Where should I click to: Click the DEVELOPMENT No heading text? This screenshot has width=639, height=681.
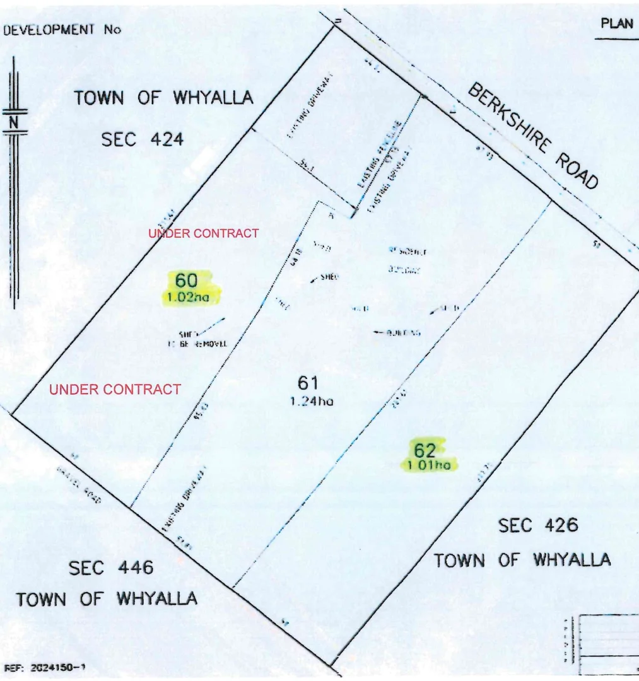(62, 30)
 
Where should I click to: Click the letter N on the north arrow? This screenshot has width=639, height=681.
(13, 123)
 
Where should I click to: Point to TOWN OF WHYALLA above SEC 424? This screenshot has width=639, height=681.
(164, 98)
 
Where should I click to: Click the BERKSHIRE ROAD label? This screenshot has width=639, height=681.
(533, 136)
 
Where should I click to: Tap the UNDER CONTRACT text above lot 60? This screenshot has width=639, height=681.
(203, 233)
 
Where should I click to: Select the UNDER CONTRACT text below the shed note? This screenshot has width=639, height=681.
(115, 390)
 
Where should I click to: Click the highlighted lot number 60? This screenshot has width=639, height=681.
(187, 280)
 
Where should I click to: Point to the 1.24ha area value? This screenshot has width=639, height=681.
(310, 400)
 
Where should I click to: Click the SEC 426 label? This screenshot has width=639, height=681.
(538, 525)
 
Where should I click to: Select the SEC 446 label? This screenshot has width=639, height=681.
(111, 568)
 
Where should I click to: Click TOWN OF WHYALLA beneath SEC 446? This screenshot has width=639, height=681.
(107, 598)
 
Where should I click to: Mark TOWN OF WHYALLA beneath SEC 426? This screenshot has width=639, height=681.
(522, 559)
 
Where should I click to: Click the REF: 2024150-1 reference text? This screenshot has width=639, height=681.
(45, 666)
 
